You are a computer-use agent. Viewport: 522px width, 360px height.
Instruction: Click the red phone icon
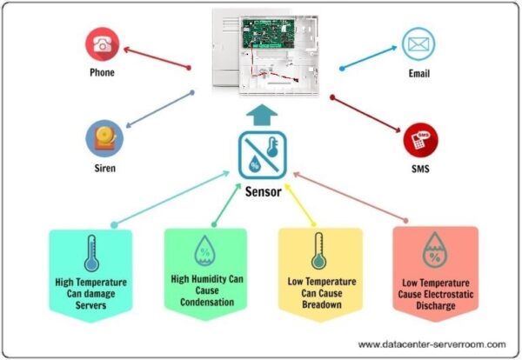[x=102, y=43]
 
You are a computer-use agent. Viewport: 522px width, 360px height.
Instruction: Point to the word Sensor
[x=261, y=192]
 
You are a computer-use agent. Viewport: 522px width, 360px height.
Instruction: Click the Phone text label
[x=102, y=73]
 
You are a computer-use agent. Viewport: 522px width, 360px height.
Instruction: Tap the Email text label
[x=418, y=73]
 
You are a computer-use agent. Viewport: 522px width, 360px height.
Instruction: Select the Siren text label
[x=102, y=168]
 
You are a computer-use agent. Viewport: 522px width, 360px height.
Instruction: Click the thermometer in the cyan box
[x=90, y=253]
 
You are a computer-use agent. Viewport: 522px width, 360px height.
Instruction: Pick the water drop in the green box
[x=204, y=250]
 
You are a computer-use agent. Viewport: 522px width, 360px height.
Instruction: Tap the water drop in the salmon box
[x=432, y=252]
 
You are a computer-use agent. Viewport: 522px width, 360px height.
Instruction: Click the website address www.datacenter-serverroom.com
[x=431, y=344]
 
